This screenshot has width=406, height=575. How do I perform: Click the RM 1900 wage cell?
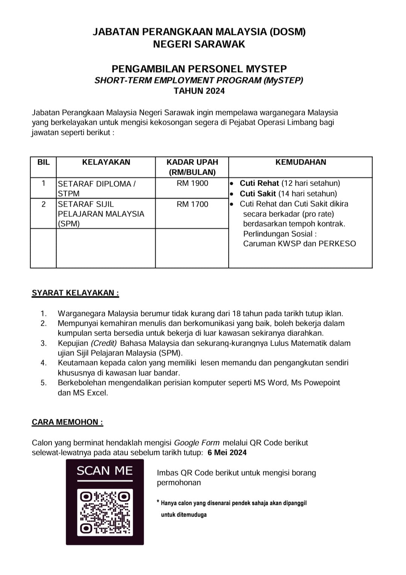192,183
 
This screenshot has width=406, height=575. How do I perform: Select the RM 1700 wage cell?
192,204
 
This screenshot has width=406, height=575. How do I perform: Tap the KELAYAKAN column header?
106,162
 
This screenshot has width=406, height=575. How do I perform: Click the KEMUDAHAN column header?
301,162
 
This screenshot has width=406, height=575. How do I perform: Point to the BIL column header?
43,162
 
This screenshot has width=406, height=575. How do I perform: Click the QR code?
105,512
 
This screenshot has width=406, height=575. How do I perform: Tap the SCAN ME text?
105,471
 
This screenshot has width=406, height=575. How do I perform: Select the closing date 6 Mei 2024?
227,453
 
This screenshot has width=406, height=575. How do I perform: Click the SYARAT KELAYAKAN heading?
75,293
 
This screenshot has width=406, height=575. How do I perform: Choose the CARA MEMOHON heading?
67,422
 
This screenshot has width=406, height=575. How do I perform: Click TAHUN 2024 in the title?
199,91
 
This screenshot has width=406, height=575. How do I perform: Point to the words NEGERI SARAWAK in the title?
199,44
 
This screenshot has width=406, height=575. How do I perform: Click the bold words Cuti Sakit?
258,194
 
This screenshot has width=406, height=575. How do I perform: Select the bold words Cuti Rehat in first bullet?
259,183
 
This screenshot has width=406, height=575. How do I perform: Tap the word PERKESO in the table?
337,244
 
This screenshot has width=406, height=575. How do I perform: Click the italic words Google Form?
197,443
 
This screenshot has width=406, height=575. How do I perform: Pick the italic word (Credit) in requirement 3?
104,343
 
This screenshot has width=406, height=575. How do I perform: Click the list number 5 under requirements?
44,383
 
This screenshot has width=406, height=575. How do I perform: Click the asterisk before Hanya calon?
158,502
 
